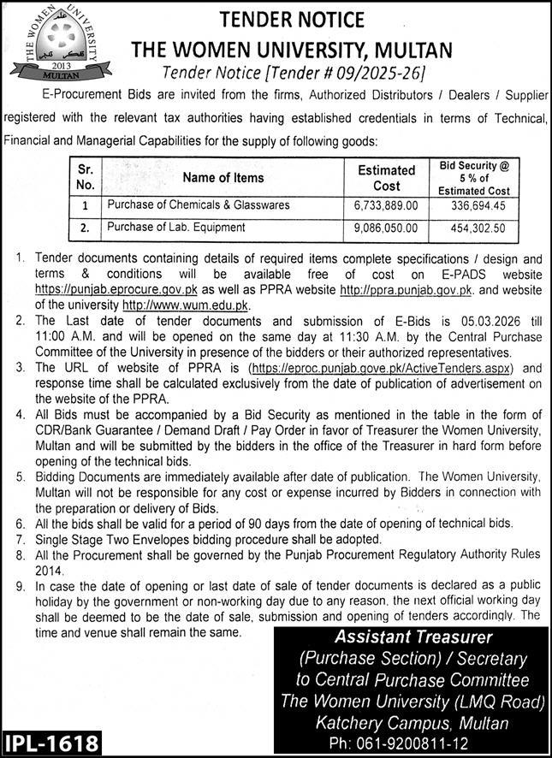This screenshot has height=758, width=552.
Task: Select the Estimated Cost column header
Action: pyautogui.click(x=386, y=178)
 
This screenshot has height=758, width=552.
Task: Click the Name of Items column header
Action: pyautogui.click(x=223, y=178)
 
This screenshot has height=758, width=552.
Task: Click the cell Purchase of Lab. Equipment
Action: pyautogui.click(x=175, y=228)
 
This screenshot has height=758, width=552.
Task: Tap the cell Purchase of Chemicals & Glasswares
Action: pyautogui.click(x=198, y=205)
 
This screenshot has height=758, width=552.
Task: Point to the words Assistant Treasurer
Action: pyautogui.click(x=413, y=637)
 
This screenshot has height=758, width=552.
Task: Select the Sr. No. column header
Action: pyautogui.click(x=85, y=178)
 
